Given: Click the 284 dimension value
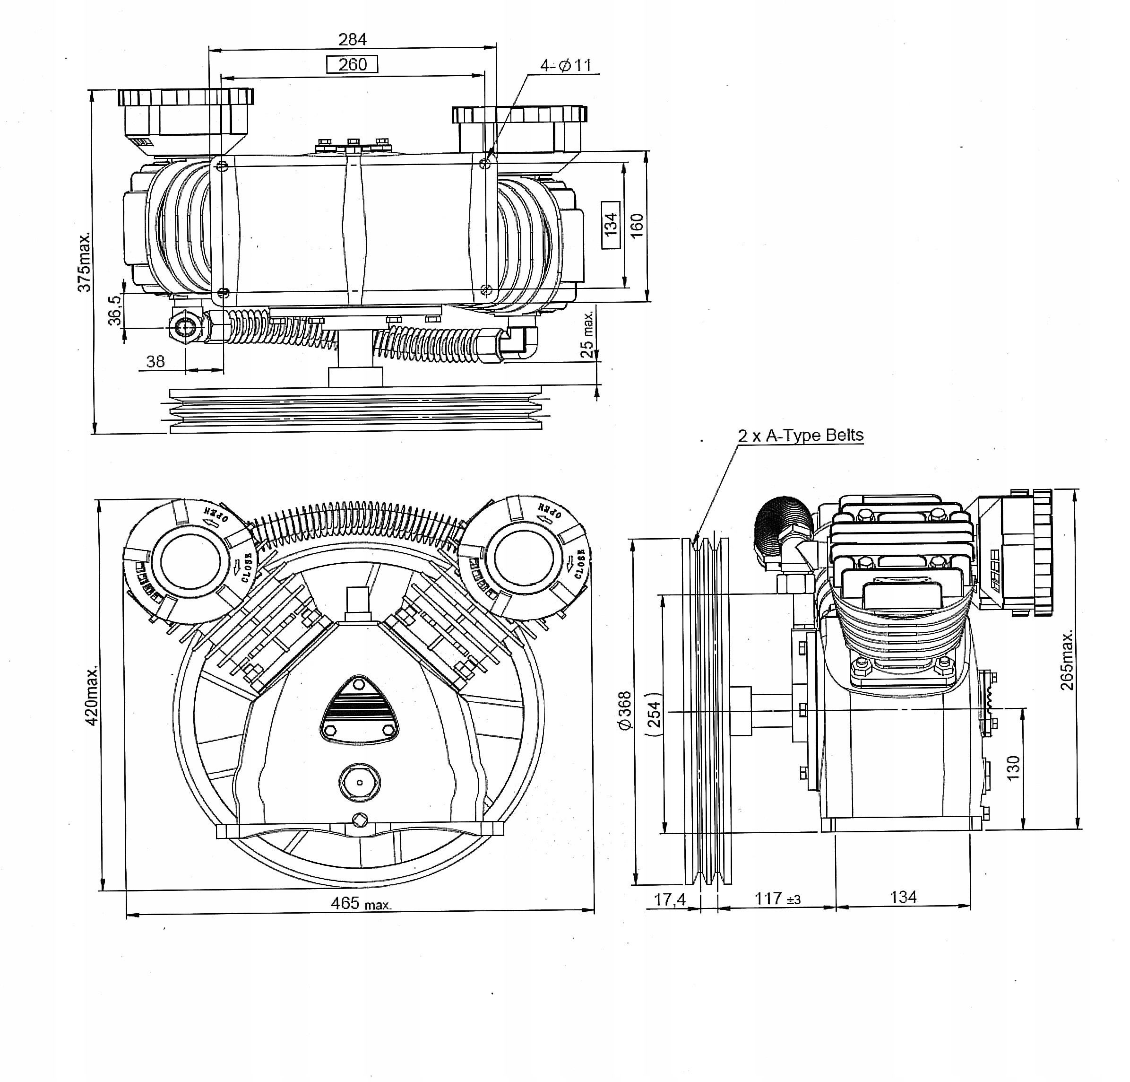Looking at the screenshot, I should point(352,40).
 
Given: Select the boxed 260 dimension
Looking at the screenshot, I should point(352,64).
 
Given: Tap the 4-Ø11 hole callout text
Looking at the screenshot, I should point(566,66).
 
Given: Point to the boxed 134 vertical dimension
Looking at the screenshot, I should point(611,225).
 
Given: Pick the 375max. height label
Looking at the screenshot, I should point(84,262).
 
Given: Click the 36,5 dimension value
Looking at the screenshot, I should point(115,310).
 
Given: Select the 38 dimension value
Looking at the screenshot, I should point(155,362).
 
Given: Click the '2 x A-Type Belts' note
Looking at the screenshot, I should point(801,436).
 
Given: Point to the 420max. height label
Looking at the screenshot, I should point(92,695).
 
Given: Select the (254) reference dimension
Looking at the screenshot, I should point(655,714).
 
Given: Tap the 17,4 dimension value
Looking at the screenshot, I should point(669,899).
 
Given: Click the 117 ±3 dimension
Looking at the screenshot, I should point(777,899).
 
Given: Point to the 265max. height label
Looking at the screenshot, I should point(1067,659).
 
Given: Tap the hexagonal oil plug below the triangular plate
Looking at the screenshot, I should point(359,783).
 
